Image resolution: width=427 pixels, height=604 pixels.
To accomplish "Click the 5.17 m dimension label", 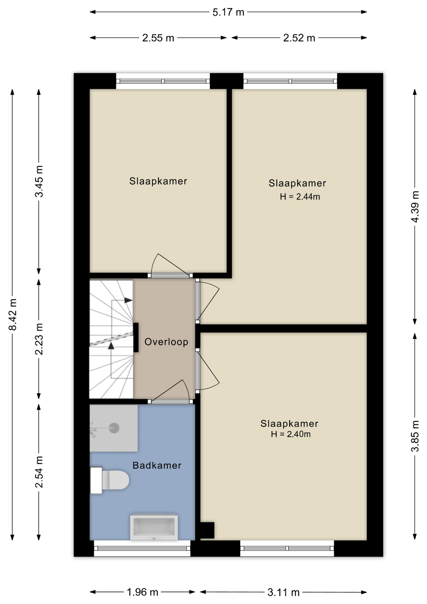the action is (228, 12).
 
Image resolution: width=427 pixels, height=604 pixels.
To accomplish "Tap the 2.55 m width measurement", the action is (158, 38).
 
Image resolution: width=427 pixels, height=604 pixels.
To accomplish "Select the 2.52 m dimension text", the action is (299, 38).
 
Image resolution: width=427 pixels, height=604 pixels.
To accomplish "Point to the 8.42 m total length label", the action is (13, 314).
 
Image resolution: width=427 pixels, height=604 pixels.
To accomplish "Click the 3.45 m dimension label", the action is (39, 181).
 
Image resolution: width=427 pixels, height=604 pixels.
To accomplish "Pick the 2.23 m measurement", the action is (39, 339).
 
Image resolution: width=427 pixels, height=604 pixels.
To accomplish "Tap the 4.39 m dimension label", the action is (415, 207).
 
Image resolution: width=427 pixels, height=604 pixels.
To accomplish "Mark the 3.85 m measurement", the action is (415, 436).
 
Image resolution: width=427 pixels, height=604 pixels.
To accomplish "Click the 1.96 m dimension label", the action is (142, 592).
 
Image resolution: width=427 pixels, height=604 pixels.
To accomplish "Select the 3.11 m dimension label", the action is (283, 593).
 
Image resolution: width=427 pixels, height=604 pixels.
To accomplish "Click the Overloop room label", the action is (166, 342).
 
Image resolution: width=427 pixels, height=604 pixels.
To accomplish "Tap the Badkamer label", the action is (157, 466).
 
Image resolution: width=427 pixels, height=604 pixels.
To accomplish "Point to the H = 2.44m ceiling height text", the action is (300, 197).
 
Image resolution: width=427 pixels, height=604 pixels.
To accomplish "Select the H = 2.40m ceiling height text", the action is (291, 434).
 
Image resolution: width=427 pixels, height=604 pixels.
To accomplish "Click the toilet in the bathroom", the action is (110, 480).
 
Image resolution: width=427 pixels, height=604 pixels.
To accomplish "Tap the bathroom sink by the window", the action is (154, 527).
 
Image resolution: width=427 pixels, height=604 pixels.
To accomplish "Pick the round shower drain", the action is (114, 428).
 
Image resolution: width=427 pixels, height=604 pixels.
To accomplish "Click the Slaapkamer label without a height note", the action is (158, 181).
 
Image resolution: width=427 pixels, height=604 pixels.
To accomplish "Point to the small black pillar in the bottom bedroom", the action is (207, 530).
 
